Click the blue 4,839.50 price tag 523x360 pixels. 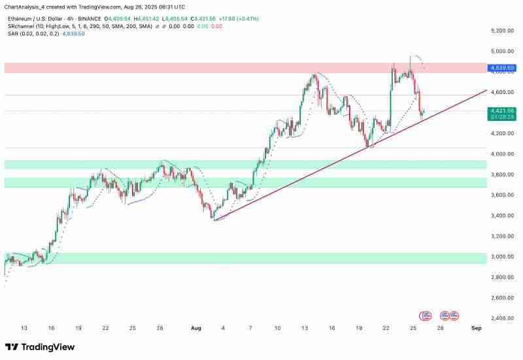coord(502,67)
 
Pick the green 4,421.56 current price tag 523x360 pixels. coord(502,111)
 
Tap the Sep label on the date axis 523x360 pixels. coord(477,328)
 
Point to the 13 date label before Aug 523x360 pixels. coord(24,328)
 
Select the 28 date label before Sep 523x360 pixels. coord(441,328)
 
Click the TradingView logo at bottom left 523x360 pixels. coord(40,347)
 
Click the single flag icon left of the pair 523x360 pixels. coord(426,315)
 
